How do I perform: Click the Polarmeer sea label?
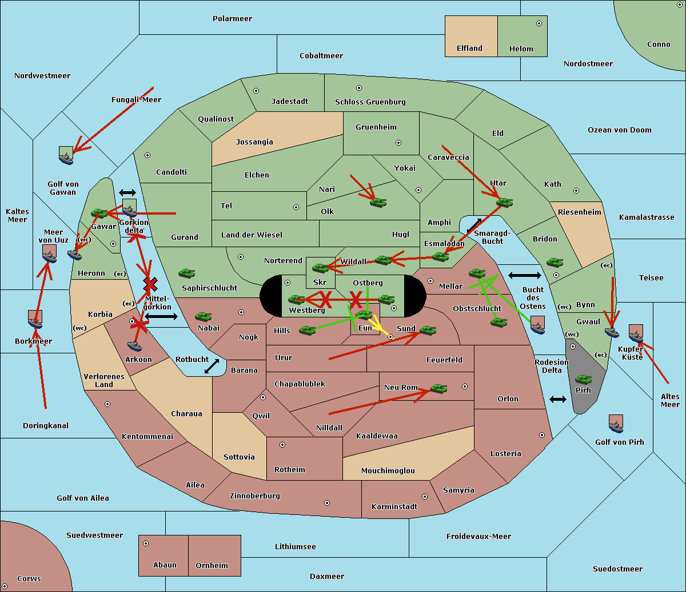point(232,19)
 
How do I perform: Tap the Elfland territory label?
point(469,49)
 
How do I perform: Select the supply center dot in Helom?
point(539,23)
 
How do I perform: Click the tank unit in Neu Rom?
point(438,389)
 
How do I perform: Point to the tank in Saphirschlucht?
point(186,274)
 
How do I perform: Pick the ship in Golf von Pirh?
point(616,424)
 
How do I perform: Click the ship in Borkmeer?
point(35,320)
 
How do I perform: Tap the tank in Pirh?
point(583,380)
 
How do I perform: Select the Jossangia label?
point(254,142)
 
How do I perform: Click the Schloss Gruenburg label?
point(370,102)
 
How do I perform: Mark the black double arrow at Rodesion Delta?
point(558,399)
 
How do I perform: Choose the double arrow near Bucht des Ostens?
point(524,276)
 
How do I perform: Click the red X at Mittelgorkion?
point(150,284)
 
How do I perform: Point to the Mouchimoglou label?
point(388,471)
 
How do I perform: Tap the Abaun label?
point(165,565)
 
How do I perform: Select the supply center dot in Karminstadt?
point(424,497)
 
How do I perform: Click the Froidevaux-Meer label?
point(478,537)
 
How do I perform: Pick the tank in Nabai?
point(203,317)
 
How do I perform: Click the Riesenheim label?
point(579,212)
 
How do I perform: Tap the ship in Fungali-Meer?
point(66,155)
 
